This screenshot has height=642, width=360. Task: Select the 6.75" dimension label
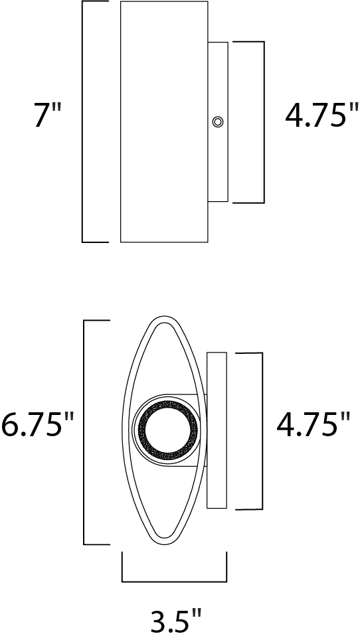click(37, 425)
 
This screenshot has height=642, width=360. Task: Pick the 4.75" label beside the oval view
click(313, 425)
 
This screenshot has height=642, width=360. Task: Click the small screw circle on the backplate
click(217, 121)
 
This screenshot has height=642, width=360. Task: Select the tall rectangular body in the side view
click(163, 121)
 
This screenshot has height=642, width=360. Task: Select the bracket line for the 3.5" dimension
click(174, 581)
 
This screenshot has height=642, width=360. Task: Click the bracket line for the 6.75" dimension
click(84, 432)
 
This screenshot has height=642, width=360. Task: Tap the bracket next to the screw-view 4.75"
click(264, 121)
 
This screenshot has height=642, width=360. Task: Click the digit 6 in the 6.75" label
click(11, 425)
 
